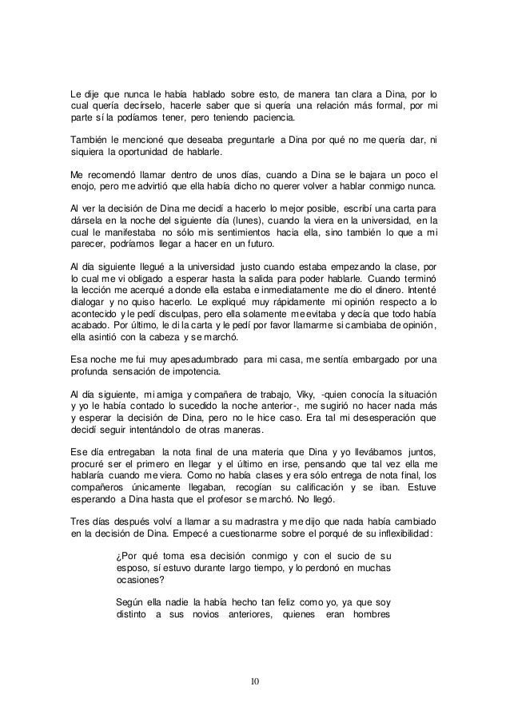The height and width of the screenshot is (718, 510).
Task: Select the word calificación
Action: pos(334,466)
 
